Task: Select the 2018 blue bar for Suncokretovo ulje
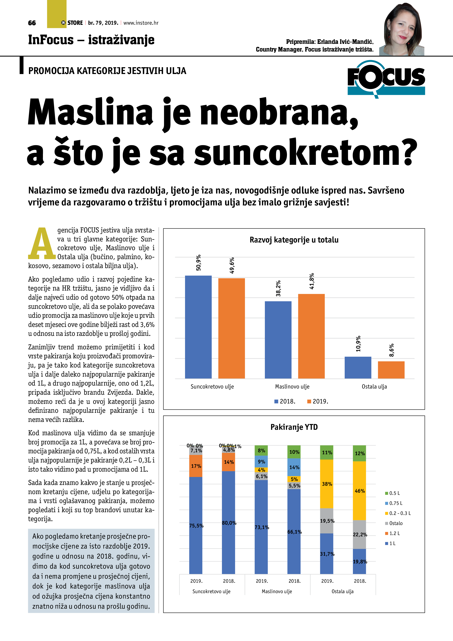198,327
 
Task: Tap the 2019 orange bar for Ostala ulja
391,370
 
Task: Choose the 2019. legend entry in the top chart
318,401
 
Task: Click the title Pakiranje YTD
294,427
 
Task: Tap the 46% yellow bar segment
359,490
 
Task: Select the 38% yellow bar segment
327,484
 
